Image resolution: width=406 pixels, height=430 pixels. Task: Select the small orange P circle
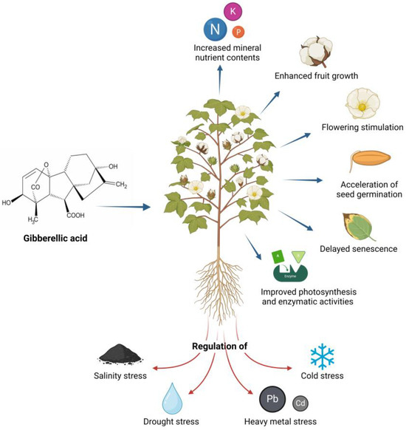pos(238,32)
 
